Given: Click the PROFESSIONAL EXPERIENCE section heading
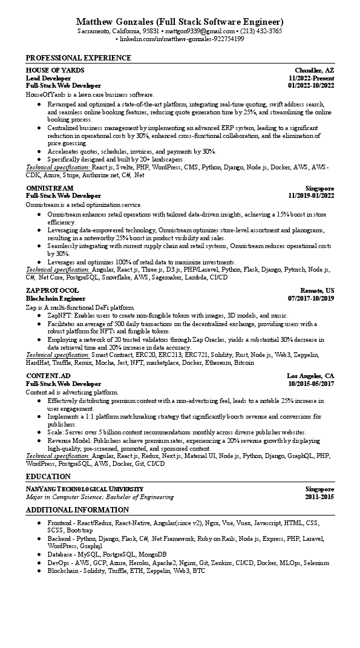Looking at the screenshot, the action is pyautogui.click(x=78, y=58).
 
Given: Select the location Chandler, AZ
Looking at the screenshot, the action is pyautogui.click(x=314, y=71).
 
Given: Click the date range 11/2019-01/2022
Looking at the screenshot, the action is pyautogui.click(x=311, y=196).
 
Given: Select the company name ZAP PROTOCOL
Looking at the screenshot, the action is pyautogui.click(x=52, y=290).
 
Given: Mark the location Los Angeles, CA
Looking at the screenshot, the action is pyautogui.click(x=310, y=376).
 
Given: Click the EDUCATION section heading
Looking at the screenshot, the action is pyautogui.click(x=48, y=477).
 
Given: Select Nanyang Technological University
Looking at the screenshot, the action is pyautogui.click(x=85, y=489).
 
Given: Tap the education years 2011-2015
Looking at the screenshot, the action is pyautogui.click(x=319, y=497).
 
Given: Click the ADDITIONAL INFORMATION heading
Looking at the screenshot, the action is pyautogui.click(x=77, y=510).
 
